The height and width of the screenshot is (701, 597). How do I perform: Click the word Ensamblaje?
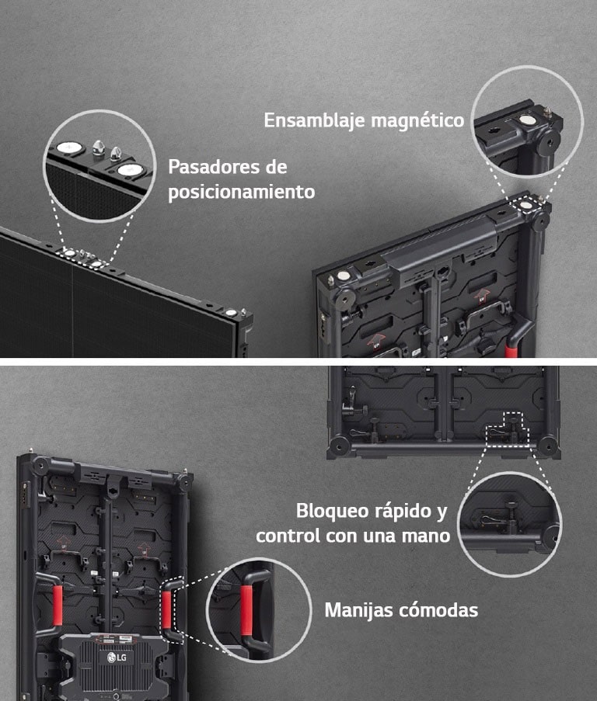click(x=315, y=121)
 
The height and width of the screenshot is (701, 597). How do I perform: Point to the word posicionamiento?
click(x=242, y=192)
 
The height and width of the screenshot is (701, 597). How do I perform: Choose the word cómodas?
click(x=438, y=610)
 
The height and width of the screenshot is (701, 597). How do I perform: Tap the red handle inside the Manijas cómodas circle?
click(x=246, y=610)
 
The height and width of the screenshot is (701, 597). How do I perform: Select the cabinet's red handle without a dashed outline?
click(x=56, y=606)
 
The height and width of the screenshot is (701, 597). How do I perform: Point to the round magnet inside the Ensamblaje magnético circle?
click(x=528, y=121)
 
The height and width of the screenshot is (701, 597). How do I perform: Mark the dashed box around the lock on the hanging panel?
click(x=508, y=429)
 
